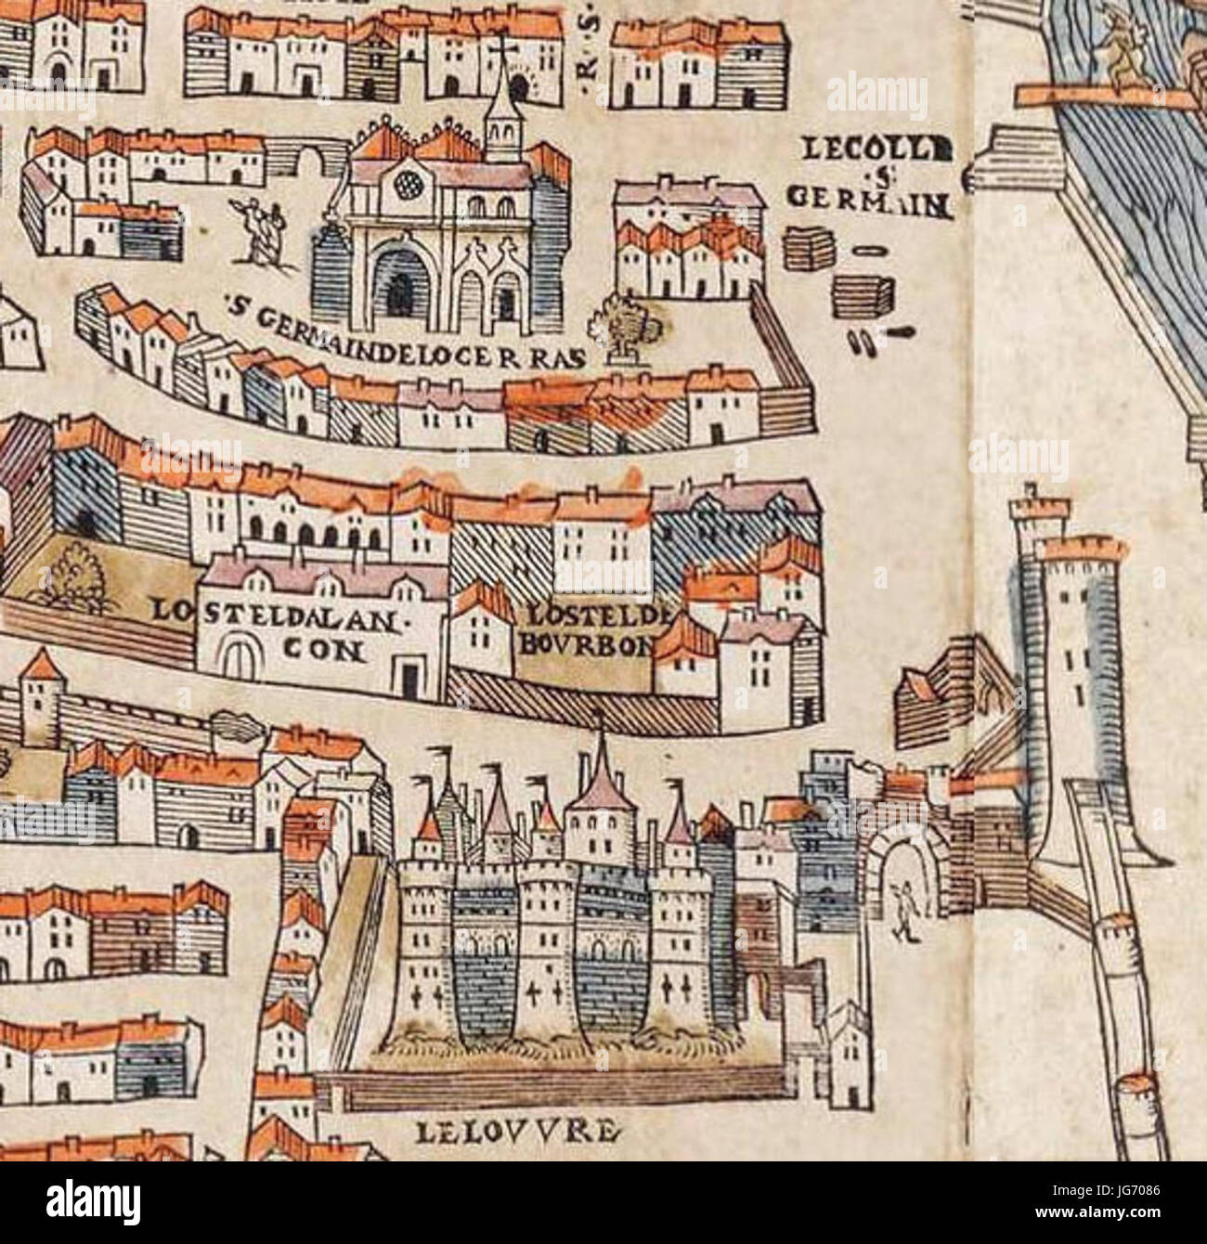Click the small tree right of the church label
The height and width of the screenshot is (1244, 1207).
(627, 330)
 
